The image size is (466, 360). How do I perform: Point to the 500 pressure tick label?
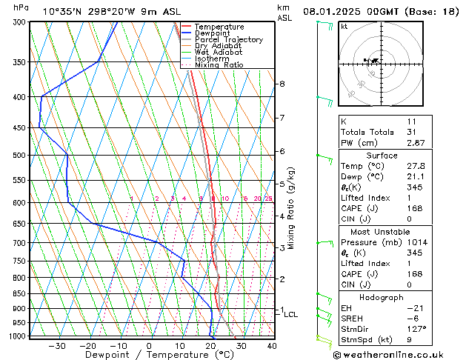[19, 156]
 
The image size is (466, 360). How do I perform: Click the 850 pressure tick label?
[19, 294]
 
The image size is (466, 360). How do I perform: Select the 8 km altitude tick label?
[282, 84]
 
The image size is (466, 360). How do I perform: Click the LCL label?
[291, 315]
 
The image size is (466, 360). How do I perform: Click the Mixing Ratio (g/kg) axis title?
[291, 208]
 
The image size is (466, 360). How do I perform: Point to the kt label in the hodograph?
[344, 26]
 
